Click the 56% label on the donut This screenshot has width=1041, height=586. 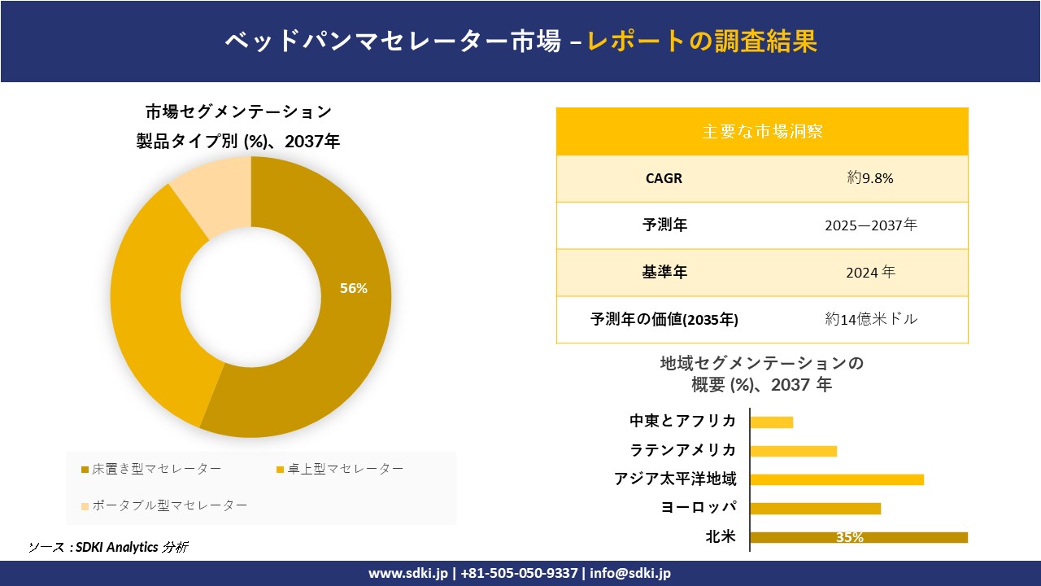pyautogui.click(x=354, y=288)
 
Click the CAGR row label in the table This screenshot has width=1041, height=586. pyautogui.click(x=664, y=178)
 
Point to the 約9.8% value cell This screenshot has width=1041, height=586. pyautogui.click(x=869, y=178)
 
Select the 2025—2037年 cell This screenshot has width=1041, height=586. pyautogui.click(x=870, y=225)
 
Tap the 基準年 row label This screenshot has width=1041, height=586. pyautogui.click(x=664, y=273)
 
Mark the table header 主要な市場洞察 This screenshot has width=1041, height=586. pyautogui.click(x=762, y=131)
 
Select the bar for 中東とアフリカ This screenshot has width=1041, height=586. pyautogui.click(x=771, y=422)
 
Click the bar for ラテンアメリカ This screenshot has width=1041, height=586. pyautogui.click(x=793, y=451)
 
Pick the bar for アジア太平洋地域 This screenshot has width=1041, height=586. pyautogui.click(x=837, y=479)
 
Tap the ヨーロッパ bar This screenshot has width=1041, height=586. pyautogui.click(x=815, y=508)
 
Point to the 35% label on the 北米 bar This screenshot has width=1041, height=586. pyautogui.click(x=849, y=537)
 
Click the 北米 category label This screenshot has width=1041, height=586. pyautogui.click(x=721, y=536)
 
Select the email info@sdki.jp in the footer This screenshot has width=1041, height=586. pyautogui.click(x=630, y=573)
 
